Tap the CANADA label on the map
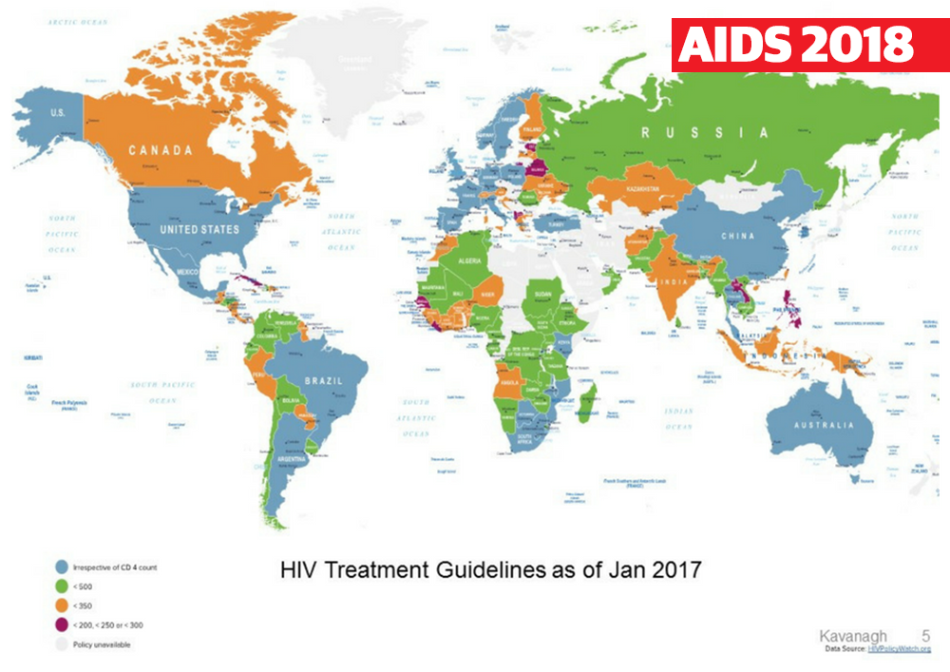coord(161,150)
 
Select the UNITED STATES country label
coord(199,229)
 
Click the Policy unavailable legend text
coord(102,644)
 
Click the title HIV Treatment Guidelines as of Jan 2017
coord(490,570)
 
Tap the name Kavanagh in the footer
coord(854,636)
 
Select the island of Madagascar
coord(587,400)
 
